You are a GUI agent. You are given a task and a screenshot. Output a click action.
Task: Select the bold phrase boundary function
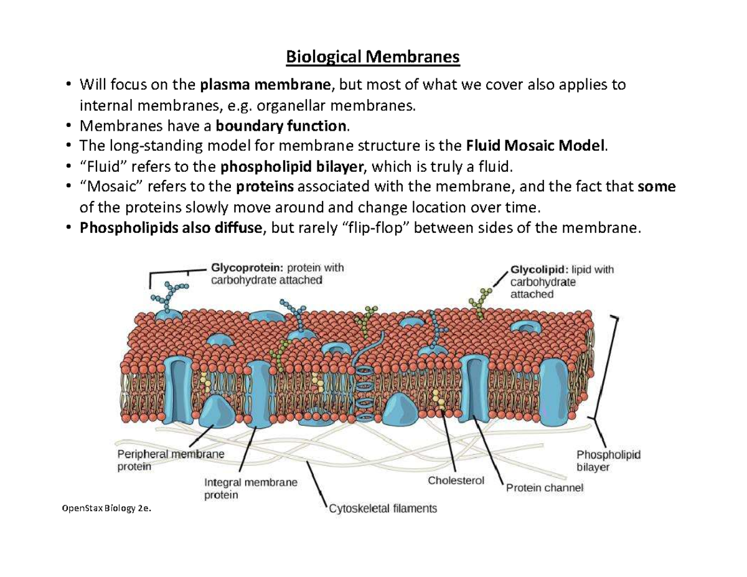coord(280,127)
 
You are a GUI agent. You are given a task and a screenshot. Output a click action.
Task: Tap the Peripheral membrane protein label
coord(171,460)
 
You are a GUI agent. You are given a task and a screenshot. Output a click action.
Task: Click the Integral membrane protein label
coord(250,489)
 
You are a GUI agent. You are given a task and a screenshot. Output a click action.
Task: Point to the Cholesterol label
coord(456,481)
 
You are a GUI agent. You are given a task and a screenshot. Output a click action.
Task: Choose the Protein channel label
coord(545,488)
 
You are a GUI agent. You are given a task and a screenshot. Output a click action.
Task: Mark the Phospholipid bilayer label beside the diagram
coord(608,461)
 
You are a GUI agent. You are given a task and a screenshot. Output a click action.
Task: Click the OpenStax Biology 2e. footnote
coord(106,509)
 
